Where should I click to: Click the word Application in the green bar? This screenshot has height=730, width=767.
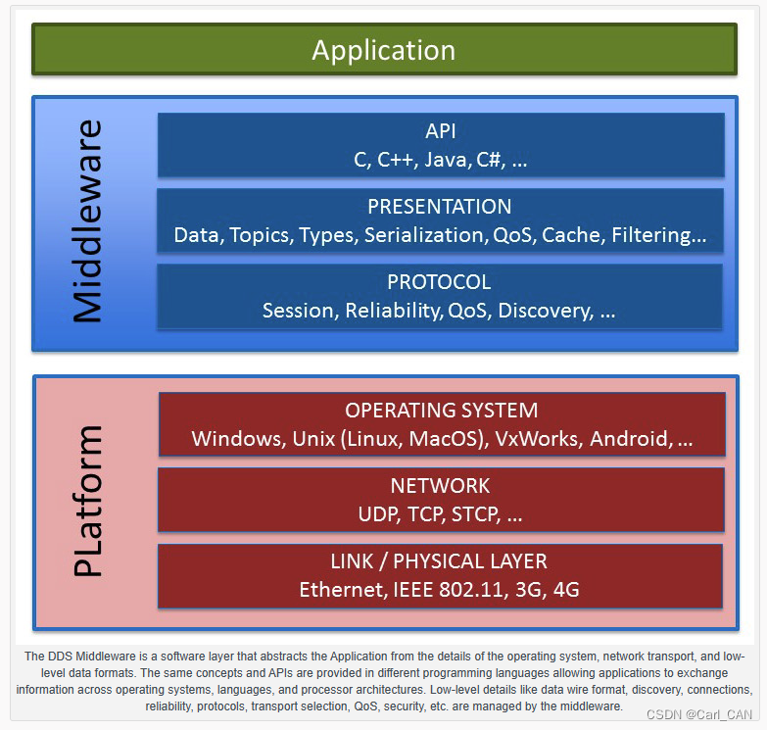[x=384, y=50]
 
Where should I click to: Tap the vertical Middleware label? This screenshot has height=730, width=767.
[x=88, y=221]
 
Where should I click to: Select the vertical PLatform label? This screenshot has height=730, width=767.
[x=88, y=501]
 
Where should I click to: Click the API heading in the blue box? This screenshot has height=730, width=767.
[x=440, y=131]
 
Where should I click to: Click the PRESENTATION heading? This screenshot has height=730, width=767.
[x=439, y=207]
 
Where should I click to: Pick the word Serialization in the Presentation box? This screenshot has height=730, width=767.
[x=425, y=235]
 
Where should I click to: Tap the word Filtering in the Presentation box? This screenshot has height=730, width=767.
[x=651, y=235]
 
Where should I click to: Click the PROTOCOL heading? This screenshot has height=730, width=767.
[x=439, y=282]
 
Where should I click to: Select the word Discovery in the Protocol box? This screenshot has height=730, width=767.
[x=545, y=312]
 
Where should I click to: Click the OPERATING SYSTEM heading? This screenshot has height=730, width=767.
[x=441, y=411]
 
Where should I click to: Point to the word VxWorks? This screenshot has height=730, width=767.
[x=538, y=439]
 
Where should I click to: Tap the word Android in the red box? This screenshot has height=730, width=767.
[x=630, y=439]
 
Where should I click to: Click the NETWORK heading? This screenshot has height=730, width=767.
[x=440, y=486]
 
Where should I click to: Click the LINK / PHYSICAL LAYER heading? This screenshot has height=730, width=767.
[x=439, y=561]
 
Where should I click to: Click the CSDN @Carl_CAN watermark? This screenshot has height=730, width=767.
[x=699, y=715]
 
